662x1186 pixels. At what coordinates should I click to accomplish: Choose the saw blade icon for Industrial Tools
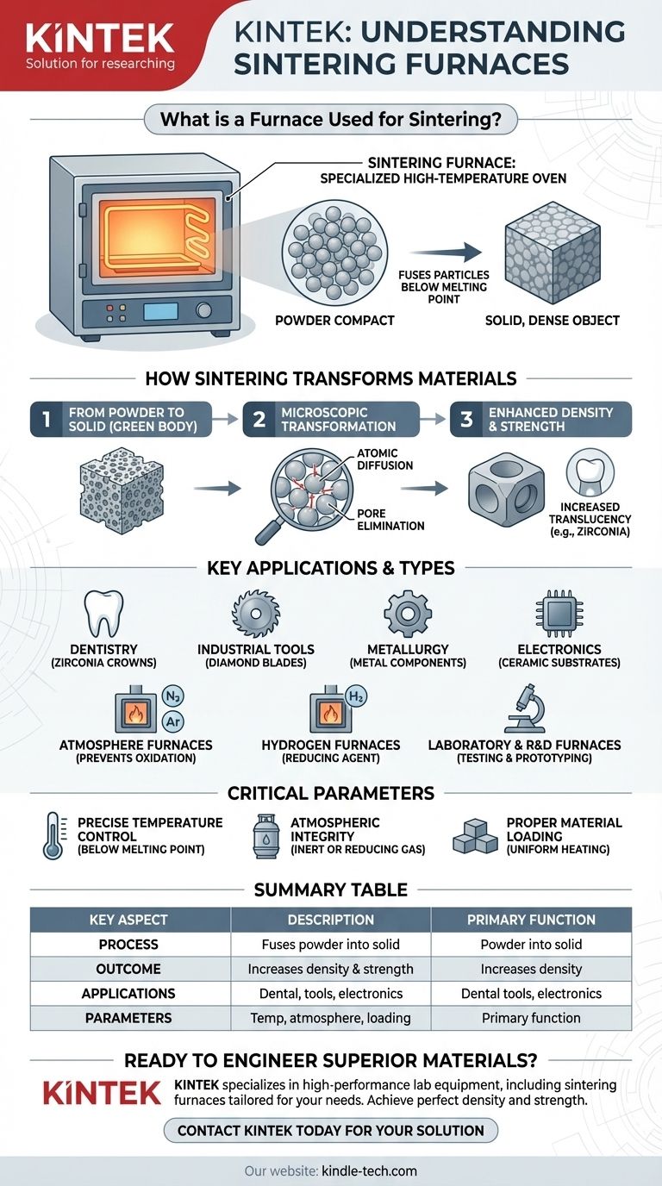click(255, 614)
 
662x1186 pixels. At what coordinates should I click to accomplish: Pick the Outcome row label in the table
click(130, 968)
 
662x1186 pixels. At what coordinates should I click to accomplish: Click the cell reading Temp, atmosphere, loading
click(330, 1018)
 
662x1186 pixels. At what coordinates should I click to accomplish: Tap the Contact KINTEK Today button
click(331, 1130)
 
